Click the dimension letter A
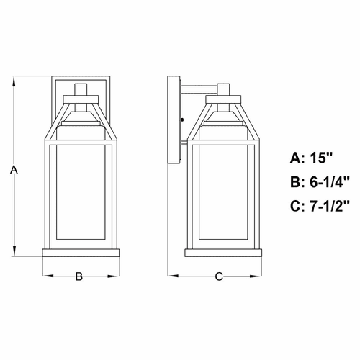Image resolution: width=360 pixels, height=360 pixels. (12, 170)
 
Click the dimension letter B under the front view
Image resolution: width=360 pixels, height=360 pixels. (80, 275)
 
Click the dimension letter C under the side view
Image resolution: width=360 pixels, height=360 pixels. (220, 275)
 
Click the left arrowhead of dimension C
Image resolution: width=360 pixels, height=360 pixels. (171, 275)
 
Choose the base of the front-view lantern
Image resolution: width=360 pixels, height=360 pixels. (80, 252)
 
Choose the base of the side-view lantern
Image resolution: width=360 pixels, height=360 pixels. (224, 252)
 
